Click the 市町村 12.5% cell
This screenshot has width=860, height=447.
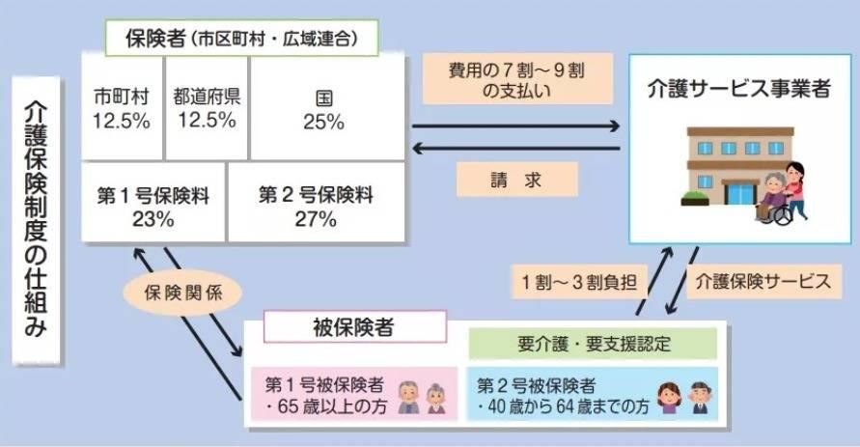[122, 108]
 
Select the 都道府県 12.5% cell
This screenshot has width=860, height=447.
[207, 108]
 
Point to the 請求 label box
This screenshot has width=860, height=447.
[515, 179]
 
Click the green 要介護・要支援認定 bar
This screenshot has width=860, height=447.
[592, 343]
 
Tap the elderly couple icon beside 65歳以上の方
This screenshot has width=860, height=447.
[423, 396]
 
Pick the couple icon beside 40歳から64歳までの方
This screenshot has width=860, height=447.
[683, 396]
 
